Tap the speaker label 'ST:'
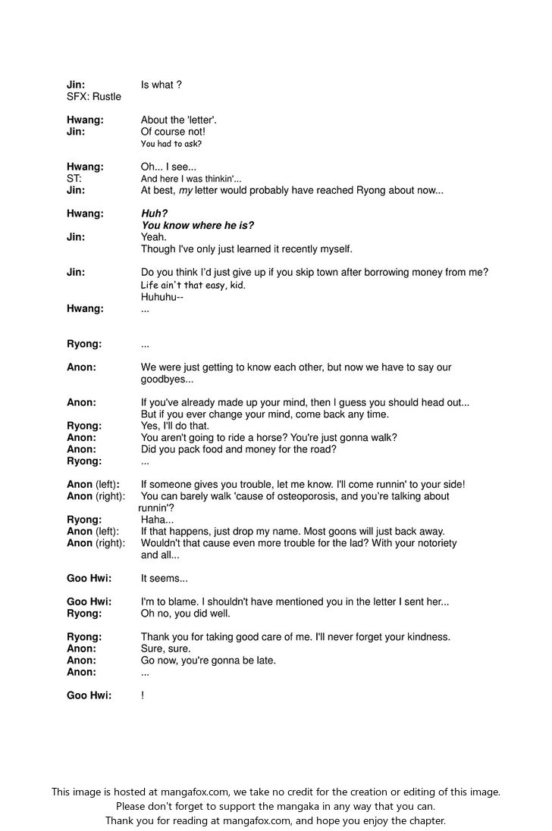coord(74,179)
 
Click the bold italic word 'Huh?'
coord(154,214)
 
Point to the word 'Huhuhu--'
coord(162,297)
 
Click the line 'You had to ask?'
coord(171,143)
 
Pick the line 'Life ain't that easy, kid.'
coord(193,285)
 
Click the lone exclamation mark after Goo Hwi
coord(143,695)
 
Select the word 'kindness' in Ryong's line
coord(428,637)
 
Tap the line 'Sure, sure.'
coord(165,648)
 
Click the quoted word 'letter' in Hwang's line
coord(199,120)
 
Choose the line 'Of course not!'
coord(173,132)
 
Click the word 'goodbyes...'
coord(167,379)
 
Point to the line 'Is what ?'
coord(161,85)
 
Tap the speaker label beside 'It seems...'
coord(89,579)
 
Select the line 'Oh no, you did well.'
coord(185,614)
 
